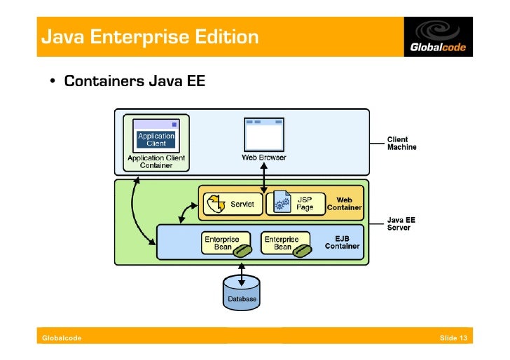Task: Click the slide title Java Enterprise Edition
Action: pyautogui.click(x=149, y=36)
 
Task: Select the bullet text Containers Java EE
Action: pyautogui.click(x=135, y=81)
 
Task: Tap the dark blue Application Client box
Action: pyautogui.click(x=156, y=139)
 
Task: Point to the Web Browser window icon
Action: pyautogui.click(x=264, y=135)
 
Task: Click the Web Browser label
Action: pyautogui.click(x=264, y=158)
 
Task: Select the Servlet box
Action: pyautogui.click(x=233, y=204)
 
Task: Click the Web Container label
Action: pyautogui.click(x=344, y=204)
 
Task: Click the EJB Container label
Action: pyautogui.click(x=342, y=242)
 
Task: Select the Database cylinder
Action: pyautogui.click(x=241, y=293)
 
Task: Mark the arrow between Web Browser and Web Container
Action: pyautogui.click(x=264, y=176)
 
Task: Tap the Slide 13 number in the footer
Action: pyautogui.click(x=453, y=338)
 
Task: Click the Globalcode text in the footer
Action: pyautogui.click(x=62, y=338)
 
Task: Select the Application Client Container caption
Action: pyautogui.click(x=156, y=162)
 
